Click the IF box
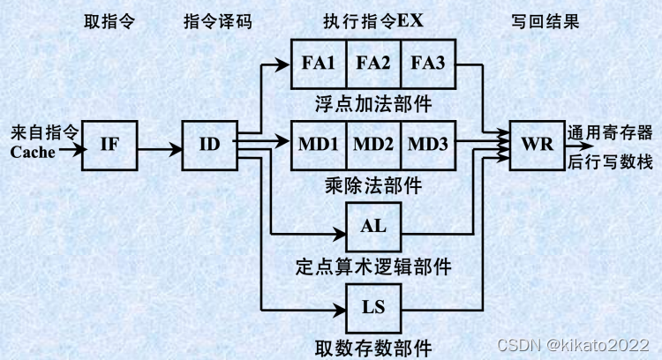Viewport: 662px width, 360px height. coord(109,146)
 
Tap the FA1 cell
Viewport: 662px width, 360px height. coord(318,64)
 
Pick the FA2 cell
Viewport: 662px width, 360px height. coord(373,64)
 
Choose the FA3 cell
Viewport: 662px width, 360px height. coord(428,64)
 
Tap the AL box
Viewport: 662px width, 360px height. coord(374,226)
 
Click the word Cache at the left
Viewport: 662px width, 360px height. coord(33,153)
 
